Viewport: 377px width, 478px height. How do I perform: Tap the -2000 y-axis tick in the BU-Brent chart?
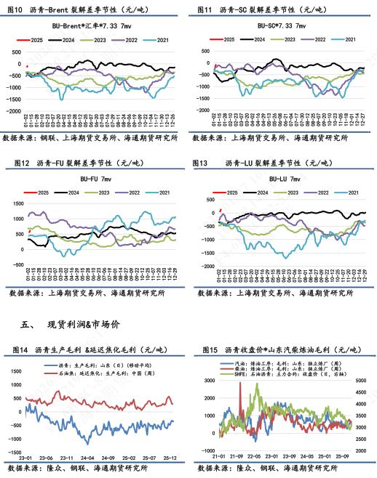13,111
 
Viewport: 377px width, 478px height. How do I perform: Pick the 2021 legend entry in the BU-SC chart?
349,39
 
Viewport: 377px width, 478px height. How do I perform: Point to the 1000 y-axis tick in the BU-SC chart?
205,50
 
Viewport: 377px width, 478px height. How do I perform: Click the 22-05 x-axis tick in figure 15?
254,458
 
